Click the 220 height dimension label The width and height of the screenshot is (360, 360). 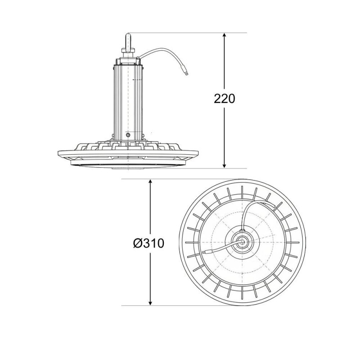(225, 99)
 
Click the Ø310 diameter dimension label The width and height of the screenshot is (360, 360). (149, 243)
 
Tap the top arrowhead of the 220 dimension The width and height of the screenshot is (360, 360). (225, 36)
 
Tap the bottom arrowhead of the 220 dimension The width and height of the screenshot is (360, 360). (225, 165)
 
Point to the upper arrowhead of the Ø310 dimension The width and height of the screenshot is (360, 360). (150, 182)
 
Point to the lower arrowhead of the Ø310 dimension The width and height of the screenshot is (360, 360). (150, 302)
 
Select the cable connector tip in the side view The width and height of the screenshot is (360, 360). (186, 73)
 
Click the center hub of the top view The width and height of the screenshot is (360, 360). (242, 242)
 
